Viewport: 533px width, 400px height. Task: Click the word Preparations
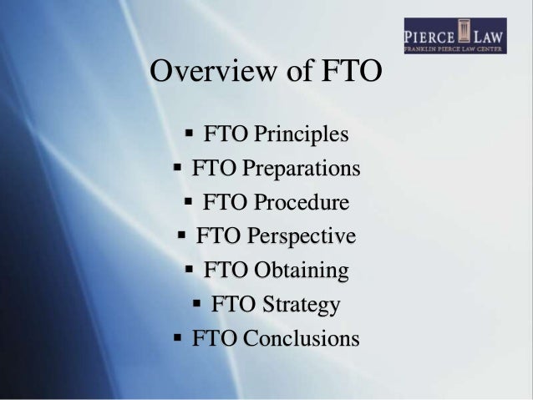302,168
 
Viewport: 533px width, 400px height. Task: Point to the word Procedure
300,202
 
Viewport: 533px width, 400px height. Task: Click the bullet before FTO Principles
189,133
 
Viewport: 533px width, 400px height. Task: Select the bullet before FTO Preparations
177,167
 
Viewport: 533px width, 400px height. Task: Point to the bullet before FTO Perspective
181,235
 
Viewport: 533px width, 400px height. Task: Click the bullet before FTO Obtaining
188,270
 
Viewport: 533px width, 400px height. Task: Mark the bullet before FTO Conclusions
177,338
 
